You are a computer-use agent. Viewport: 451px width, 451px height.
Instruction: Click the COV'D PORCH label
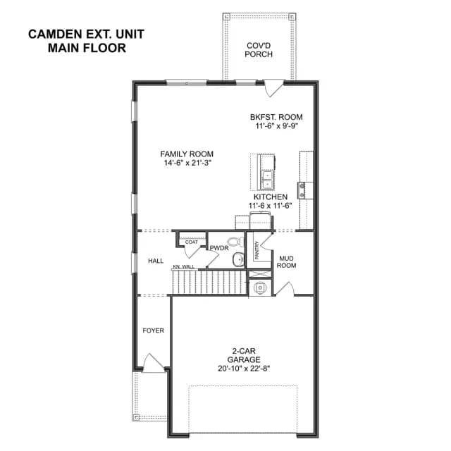259,50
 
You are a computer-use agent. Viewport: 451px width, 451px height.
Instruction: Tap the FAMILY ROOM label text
187,154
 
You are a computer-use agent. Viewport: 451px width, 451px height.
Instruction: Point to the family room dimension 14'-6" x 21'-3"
188,163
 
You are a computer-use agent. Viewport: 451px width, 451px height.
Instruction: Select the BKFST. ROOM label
276,117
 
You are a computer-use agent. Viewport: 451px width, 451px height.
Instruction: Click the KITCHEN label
271,197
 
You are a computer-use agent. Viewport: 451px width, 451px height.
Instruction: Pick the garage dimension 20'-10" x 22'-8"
244,369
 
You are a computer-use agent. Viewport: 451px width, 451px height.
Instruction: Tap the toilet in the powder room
235,242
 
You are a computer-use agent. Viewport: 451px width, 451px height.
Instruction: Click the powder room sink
238,259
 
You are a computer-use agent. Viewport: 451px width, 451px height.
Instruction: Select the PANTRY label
257,250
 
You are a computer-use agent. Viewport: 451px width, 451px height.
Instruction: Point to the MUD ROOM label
286,261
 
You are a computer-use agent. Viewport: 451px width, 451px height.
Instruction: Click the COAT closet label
191,242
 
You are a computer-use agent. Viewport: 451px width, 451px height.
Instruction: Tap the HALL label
156,261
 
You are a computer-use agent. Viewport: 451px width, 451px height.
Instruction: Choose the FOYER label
154,330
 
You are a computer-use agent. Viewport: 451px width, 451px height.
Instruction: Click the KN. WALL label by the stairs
183,267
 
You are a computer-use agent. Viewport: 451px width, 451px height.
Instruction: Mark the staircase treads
209,282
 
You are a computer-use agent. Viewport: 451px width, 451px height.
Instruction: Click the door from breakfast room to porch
274,88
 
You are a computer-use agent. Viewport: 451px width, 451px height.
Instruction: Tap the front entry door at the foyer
154,364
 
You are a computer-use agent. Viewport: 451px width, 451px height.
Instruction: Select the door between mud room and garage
285,289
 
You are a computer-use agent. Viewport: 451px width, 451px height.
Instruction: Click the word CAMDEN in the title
55,35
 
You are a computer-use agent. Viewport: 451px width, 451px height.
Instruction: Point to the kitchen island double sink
267,180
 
